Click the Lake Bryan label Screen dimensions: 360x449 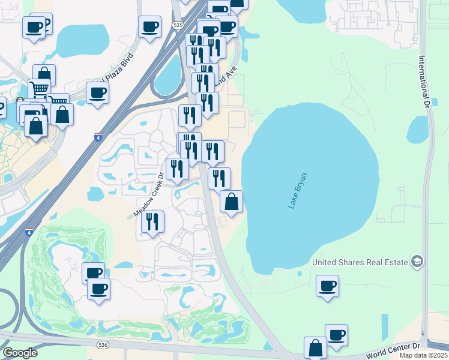click(x=297, y=191)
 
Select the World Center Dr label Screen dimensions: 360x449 click(x=394, y=350)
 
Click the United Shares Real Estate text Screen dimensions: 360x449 click(x=360, y=262)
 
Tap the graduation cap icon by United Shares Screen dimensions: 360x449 click(x=417, y=262)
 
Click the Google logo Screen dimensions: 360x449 click(x=20, y=352)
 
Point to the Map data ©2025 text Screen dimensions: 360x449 click(x=424, y=355)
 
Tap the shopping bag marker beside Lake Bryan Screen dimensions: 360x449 click(x=232, y=202)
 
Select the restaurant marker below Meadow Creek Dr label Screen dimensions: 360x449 click(x=152, y=221)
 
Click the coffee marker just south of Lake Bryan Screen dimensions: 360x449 click(x=327, y=286)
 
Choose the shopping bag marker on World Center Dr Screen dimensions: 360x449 click(x=315, y=348)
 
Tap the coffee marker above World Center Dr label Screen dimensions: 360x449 click(x=336, y=335)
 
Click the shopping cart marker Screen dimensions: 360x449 click(x=39, y=90)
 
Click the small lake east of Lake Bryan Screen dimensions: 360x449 click(x=418, y=129)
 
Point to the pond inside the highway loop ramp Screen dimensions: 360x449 click(x=169, y=71)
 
